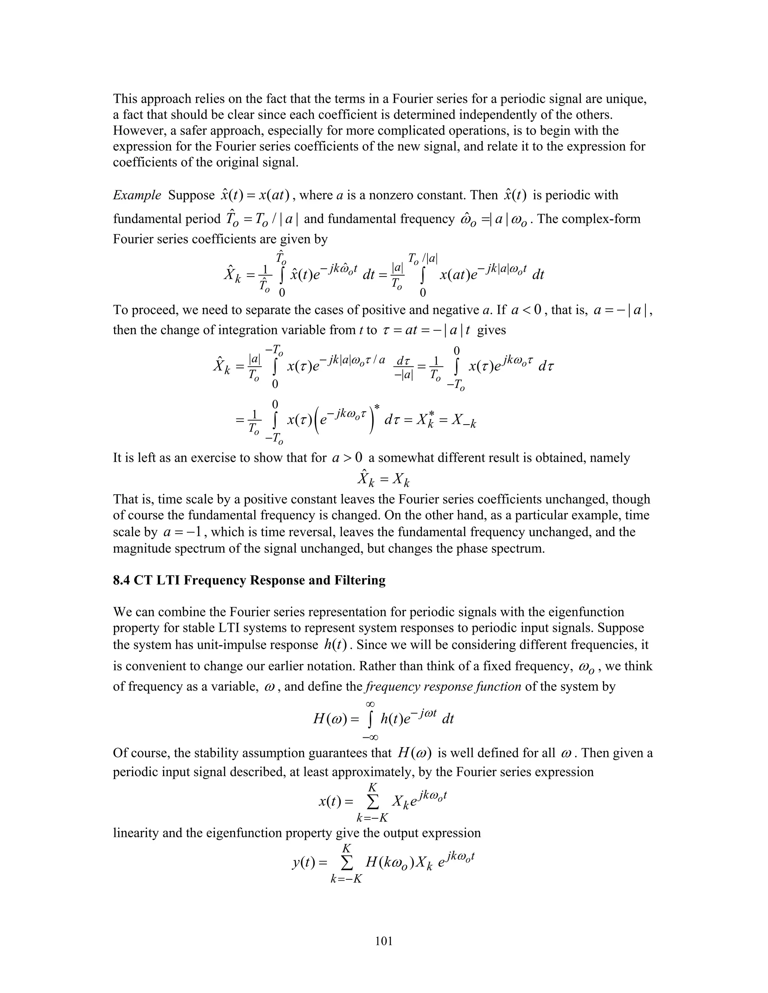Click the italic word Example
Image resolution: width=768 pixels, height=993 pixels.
[136, 196]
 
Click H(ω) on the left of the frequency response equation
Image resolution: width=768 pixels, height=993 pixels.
[329, 719]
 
